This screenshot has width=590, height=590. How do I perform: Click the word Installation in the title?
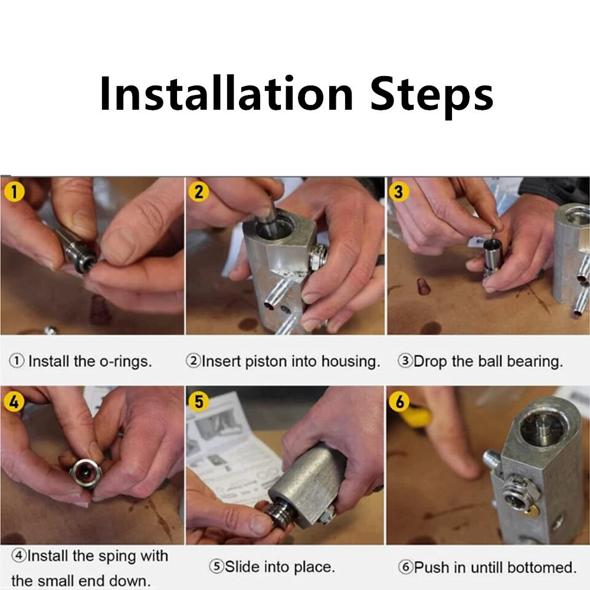click(x=227, y=93)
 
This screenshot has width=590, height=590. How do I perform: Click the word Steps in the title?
click(x=432, y=97)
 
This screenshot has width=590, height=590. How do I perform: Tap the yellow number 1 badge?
click(x=14, y=192)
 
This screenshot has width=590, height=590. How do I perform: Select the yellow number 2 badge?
click(x=199, y=191)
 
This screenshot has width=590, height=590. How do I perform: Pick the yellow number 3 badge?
click(x=398, y=191)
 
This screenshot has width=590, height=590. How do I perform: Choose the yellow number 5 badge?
click(x=198, y=401)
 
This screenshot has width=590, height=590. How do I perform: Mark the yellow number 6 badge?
click(x=399, y=401)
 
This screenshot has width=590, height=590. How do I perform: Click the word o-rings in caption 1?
click(x=126, y=362)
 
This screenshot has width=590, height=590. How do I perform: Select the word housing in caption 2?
click(x=350, y=362)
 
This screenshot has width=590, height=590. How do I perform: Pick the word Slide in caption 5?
click(x=242, y=566)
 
